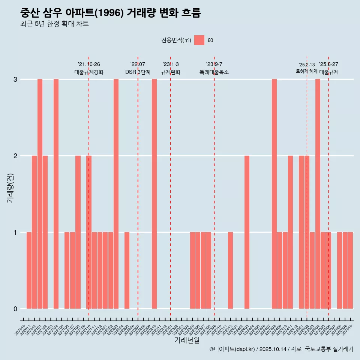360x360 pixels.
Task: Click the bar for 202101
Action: point(40,194)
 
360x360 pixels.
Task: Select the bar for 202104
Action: point(56,194)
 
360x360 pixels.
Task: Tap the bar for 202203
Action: point(116,194)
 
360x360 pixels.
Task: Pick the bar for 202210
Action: point(154,194)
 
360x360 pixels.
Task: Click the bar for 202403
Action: point(247,232)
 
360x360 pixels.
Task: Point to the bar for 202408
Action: point(274,194)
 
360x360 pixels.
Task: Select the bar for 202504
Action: point(318,194)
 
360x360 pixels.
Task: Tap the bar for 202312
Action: point(230,270)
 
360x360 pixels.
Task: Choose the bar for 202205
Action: point(127,270)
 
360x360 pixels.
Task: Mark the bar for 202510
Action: point(350,270)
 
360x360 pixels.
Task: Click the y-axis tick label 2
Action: point(15,156)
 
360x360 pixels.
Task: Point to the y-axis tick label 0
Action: point(15,309)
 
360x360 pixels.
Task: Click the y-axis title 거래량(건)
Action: point(10,187)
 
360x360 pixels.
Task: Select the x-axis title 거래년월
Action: point(187,340)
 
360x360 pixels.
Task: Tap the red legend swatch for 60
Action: point(199,40)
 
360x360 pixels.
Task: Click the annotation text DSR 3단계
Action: point(138,72)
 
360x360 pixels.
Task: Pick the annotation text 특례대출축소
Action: point(214,72)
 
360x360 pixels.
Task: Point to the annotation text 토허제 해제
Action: point(306,71)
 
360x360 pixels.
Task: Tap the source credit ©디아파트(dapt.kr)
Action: point(232,349)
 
